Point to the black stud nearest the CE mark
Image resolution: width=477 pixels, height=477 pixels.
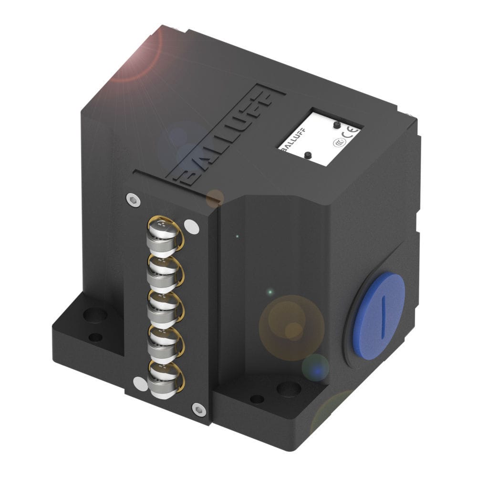(x=337, y=124)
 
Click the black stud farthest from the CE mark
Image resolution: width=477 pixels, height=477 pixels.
(x=308, y=155)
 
